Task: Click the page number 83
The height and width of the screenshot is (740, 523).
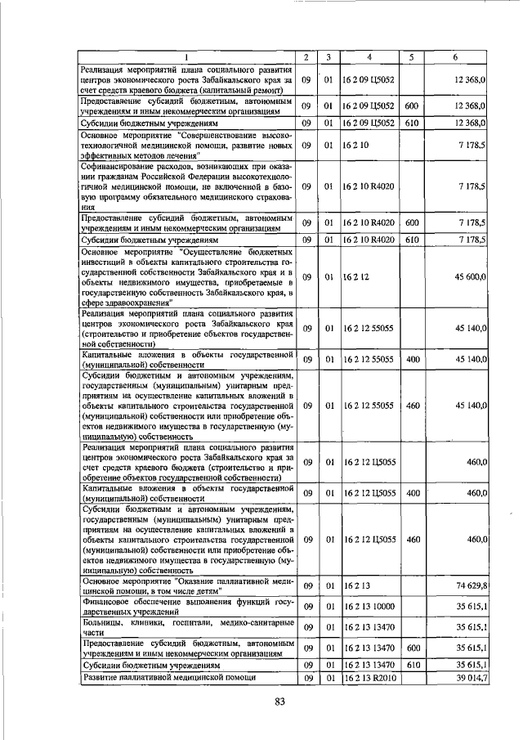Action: click(x=279, y=702)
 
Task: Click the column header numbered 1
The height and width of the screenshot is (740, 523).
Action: click(x=186, y=57)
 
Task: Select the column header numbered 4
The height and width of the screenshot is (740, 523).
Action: click(x=370, y=57)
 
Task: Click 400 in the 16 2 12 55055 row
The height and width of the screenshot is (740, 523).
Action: click(x=412, y=359)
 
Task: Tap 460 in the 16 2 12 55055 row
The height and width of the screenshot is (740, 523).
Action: click(x=412, y=405)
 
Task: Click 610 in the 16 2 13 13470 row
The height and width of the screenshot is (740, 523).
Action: click(x=412, y=665)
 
